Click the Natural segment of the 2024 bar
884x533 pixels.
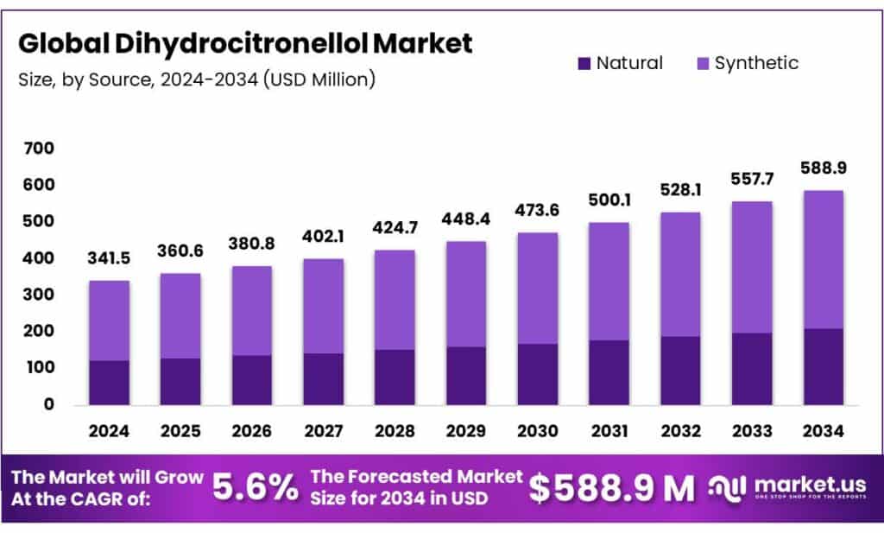click(x=109, y=382)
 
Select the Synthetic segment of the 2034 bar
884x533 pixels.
click(x=823, y=259)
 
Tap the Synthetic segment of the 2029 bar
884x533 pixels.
click(x=465, y=294)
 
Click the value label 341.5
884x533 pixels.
click(x=109, y=258)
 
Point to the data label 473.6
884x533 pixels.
click(x=536, y=211)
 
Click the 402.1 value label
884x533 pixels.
click(x=322, y=236)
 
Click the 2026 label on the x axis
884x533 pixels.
click(x=251, y=429)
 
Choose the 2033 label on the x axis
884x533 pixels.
click(x=751, y=429)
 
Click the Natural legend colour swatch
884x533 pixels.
click(x=584, y=63)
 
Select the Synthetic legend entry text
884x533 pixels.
click(x=756, y=63)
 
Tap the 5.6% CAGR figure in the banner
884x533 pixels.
click(x=256, y=488)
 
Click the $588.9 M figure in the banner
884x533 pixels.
click(x=611, y=488)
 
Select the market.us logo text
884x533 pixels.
click(x=806, y=484)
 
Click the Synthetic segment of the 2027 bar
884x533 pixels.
click(x=322, y=305)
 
